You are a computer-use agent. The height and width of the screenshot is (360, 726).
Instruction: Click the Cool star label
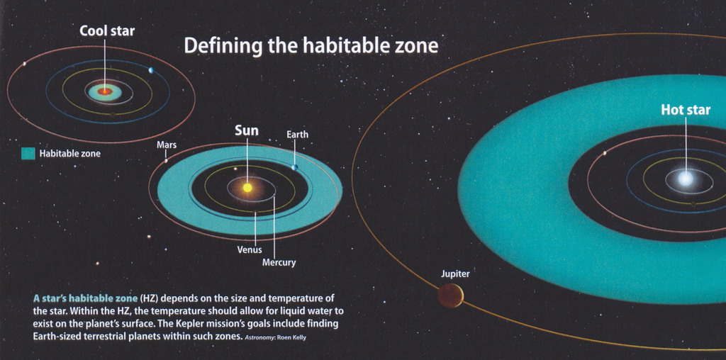pyautogui.click(x=107, y=31)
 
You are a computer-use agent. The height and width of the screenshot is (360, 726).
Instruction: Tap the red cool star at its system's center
pyautogui.click(x=105, y=91)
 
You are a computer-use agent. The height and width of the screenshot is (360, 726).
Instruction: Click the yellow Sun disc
pyautogui.click(x=247, y=187)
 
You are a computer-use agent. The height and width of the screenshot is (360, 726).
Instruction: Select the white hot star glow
pyautogui.click(x=686, y=179)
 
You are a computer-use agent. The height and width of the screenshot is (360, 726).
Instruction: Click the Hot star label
pyautogui.click(x=686, y=110)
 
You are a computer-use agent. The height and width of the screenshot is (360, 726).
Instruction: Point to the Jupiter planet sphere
pyautogui.click(x=450, y=296)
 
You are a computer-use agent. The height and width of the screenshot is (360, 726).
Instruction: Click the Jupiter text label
pyautogui.click(x=455, y=274)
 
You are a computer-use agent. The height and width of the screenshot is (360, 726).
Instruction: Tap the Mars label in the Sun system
pyautogui.click(x=167, y=145)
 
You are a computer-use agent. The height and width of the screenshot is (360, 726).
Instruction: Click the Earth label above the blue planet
pyautogui.click(x=297, y=135)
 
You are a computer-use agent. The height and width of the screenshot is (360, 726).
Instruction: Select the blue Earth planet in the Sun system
pyautogui.click(x=294, y=167)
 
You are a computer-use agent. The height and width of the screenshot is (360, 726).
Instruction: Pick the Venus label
pyautogui.click(x=250, y=250)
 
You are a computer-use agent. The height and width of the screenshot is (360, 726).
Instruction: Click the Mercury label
pyautogui.click(x=279, y=263)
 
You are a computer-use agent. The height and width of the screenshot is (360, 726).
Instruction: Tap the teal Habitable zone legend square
pyautogui.click(x=28, y=154)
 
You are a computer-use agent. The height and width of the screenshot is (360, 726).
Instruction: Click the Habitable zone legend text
pyautogui.click(x=69, y=154)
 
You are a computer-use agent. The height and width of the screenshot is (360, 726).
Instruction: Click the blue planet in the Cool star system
pyautogui.click(x=151, y=70)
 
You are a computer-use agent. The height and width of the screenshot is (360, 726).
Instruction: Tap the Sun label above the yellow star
pyautogui.click(x=247, y=131)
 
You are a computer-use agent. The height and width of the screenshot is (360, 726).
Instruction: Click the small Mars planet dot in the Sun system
pyautogui.click(x=166, y=161)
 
